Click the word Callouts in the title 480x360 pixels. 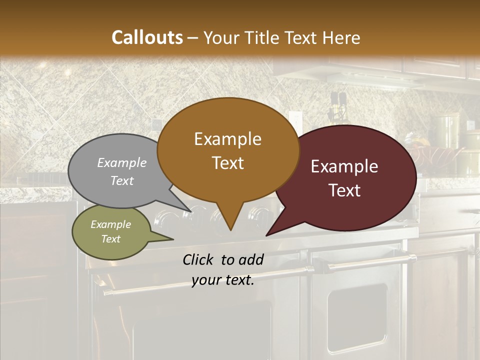click(147, 37)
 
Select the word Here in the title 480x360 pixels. click(340, 37)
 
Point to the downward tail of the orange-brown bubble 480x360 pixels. click(230, 220)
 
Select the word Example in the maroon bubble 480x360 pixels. click(344, 166)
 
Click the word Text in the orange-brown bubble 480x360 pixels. click(228, 163)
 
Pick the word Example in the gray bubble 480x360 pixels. click(122, 162)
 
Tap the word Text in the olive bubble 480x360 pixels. click(111, 239)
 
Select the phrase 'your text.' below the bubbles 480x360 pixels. click(223, 280)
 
